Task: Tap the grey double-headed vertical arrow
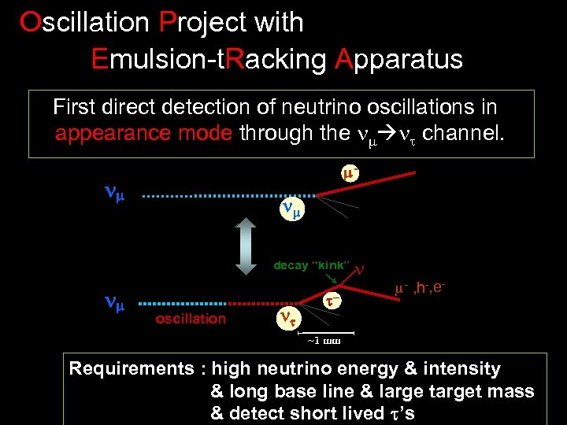pyautogui.click(x=245, y=245)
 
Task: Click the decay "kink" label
pyautogui.click(x=311, y=265)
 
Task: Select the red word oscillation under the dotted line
pyautogui.click(x=191, y=318)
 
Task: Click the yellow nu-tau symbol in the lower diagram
pyautogui.click(x=289, y=318)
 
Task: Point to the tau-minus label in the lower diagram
pyautogui.click(x=334, y=301)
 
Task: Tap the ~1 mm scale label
pyautogui.click(x=323, y=341)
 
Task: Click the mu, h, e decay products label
pyautogui.click(x=421, y=289)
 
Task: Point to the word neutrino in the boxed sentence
pyautogui.click(x=324, y=106)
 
